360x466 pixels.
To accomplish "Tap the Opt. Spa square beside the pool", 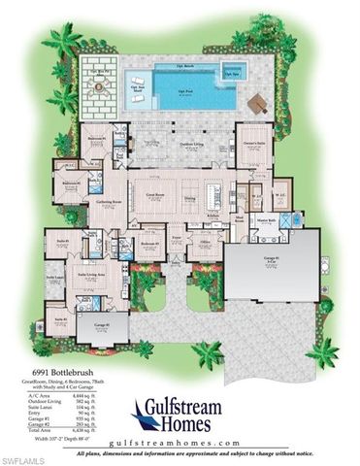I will pos(232,70).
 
